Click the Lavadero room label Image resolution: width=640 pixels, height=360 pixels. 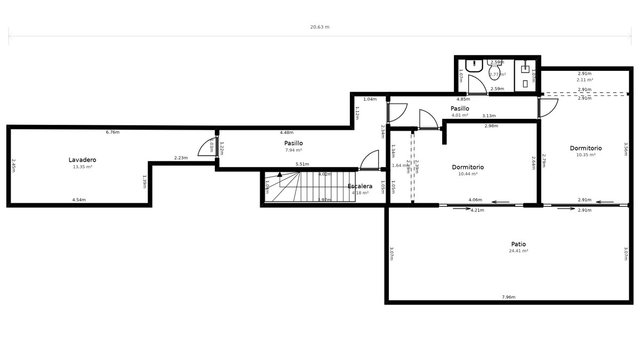tap(82, 159)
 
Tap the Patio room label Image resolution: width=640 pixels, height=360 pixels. tap(518, 244)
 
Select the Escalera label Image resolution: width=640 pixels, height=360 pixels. tap(360, 186)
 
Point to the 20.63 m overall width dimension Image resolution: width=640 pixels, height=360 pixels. tap(320, 27)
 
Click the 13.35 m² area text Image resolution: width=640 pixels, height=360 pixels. tap(82, 167)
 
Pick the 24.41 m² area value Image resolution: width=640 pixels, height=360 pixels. tap(518, 251)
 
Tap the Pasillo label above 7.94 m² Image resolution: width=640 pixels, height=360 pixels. tap(293, 143)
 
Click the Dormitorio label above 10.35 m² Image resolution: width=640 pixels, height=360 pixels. tap(586, 148)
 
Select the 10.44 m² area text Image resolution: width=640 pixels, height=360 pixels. tap(468, 174)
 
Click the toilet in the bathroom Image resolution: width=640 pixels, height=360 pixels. tap(494, 70)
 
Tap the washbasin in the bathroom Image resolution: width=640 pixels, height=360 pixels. tap(474, 66)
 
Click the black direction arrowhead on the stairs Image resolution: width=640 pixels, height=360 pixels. tap(279, 174)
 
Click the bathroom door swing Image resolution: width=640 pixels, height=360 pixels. tap(477, 84)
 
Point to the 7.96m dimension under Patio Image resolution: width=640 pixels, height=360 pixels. tap(508, 297)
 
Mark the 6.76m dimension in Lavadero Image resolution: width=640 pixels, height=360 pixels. tap(113, 132)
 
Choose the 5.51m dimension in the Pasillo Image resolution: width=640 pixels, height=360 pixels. tap(302, 164)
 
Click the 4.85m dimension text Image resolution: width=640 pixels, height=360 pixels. tap(463, 99)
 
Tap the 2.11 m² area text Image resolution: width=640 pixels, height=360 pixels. tap(585, 80)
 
